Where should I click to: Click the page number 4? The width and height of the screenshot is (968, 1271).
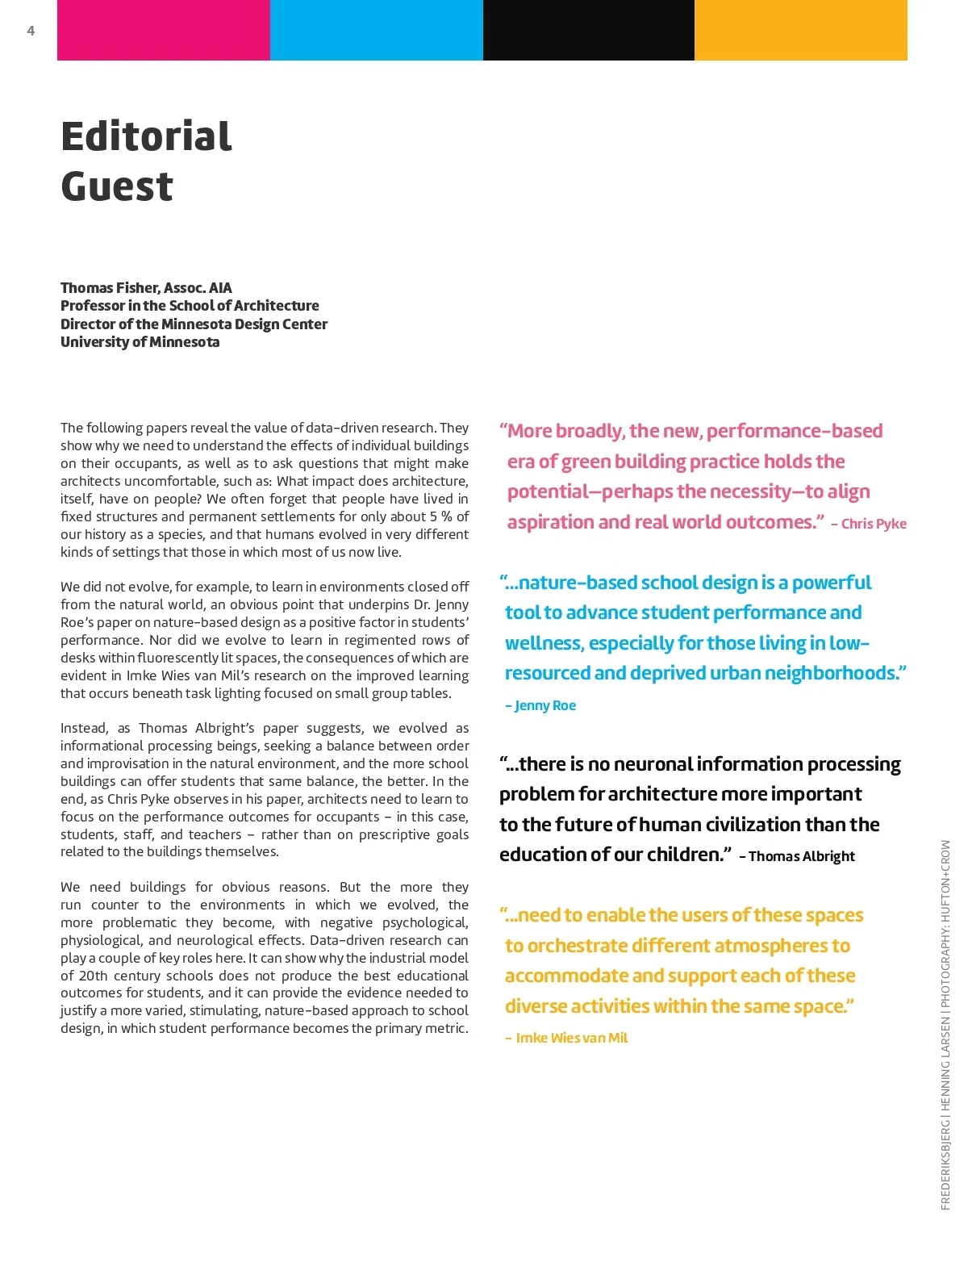31,31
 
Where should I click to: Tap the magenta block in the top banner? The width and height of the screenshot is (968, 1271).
164,30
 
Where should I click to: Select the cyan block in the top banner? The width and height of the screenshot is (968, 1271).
377,30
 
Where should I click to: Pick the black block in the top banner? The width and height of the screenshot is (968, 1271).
589,30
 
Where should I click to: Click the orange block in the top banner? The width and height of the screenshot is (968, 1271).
801,30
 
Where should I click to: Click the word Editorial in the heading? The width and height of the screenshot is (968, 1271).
146,136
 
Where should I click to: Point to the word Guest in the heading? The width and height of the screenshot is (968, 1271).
117,186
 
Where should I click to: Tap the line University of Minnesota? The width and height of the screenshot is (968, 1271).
140,342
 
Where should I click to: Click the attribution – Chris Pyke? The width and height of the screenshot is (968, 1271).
869,524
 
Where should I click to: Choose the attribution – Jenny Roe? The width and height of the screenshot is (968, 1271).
540,705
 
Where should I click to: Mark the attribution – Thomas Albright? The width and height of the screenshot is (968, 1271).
797,856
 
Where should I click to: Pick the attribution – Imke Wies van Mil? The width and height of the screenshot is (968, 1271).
566,1038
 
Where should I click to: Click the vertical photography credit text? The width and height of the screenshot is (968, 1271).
945,1025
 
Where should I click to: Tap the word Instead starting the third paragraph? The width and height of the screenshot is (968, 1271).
83,728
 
